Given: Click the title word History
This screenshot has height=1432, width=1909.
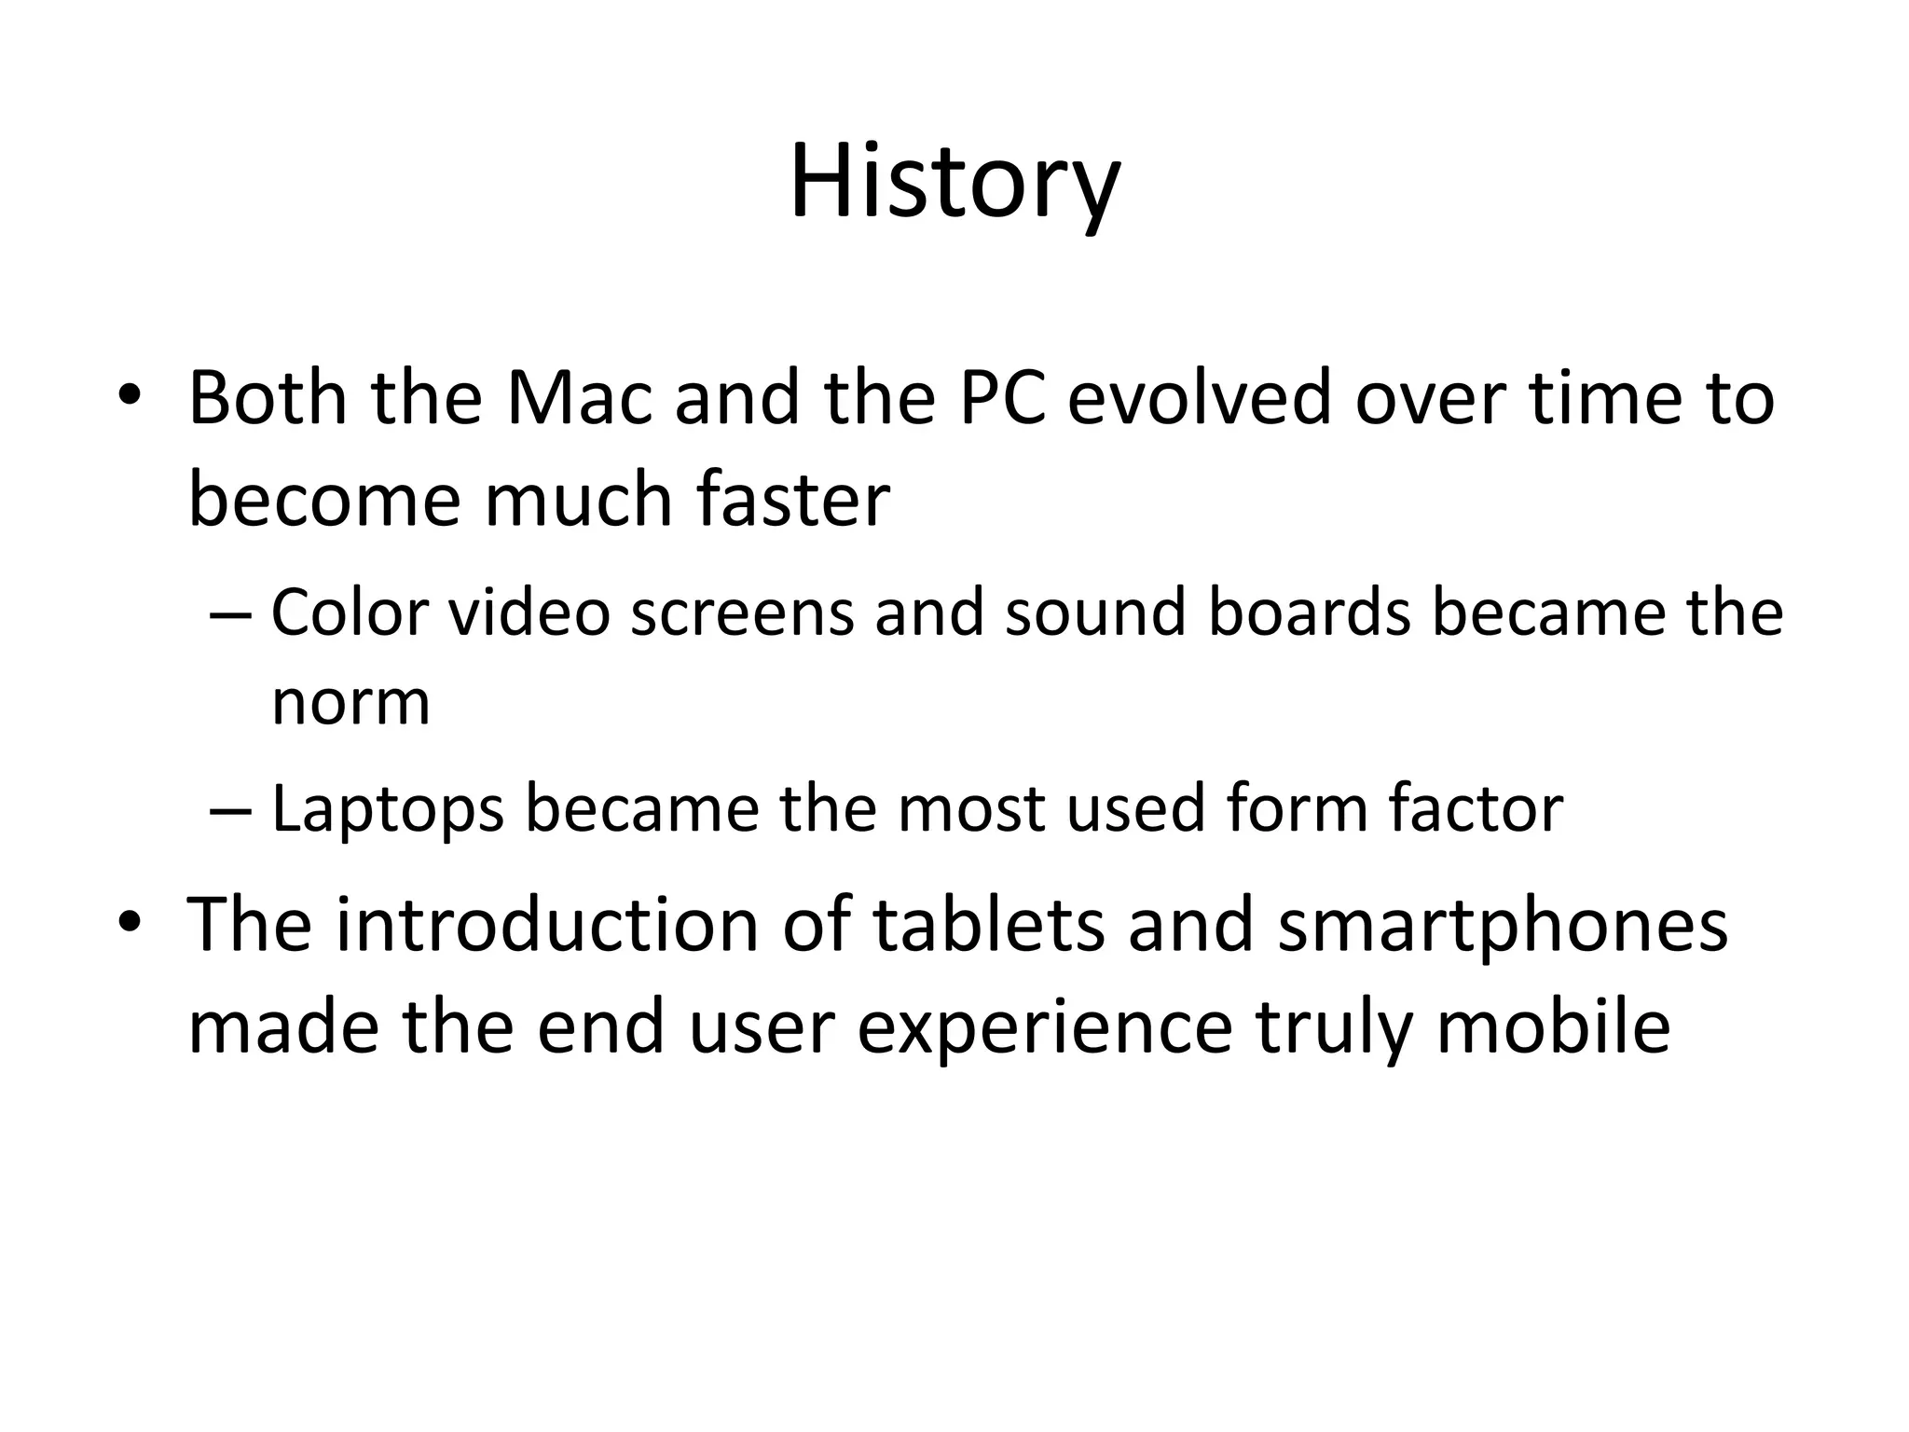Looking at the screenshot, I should tap(954, 183).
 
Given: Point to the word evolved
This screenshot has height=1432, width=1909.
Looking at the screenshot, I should tap(1199, 399).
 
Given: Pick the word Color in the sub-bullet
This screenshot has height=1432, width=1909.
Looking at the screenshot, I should tap(350, 613).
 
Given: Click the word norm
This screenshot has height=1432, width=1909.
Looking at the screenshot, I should tap(350, 703).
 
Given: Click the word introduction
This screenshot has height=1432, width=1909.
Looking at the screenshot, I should tap(548, 925).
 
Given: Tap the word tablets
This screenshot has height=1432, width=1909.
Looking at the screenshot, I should tap(988, 925).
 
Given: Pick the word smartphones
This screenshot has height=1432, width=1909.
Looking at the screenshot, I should tap(1503, 927).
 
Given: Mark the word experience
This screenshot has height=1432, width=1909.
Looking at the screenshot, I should tap(1044, 1029).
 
